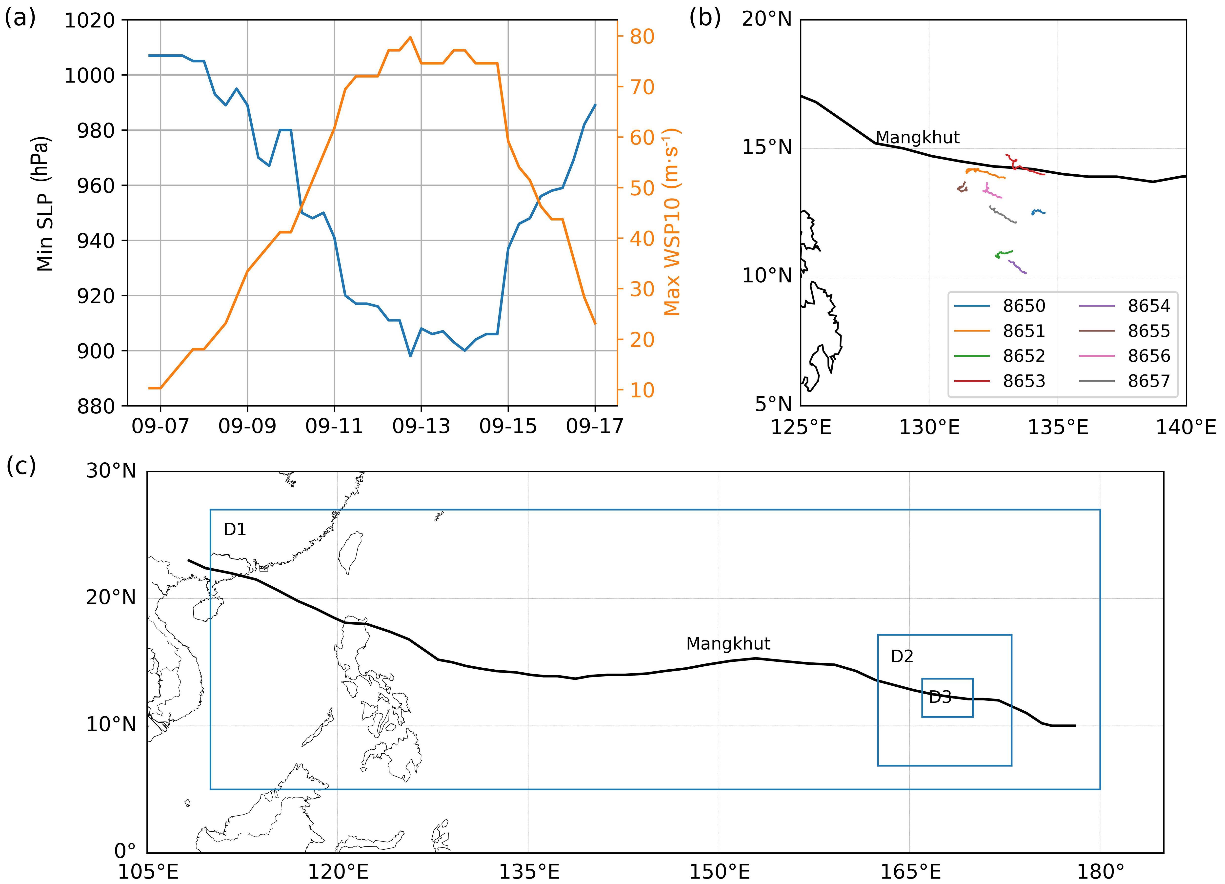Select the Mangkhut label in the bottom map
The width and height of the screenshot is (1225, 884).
pyautogui.click(x=728, y=643)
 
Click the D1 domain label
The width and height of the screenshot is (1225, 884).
pyautogui.click(x=235, y=530)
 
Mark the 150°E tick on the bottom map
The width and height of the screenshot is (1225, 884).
pyautogui.click(x=718, y=872)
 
